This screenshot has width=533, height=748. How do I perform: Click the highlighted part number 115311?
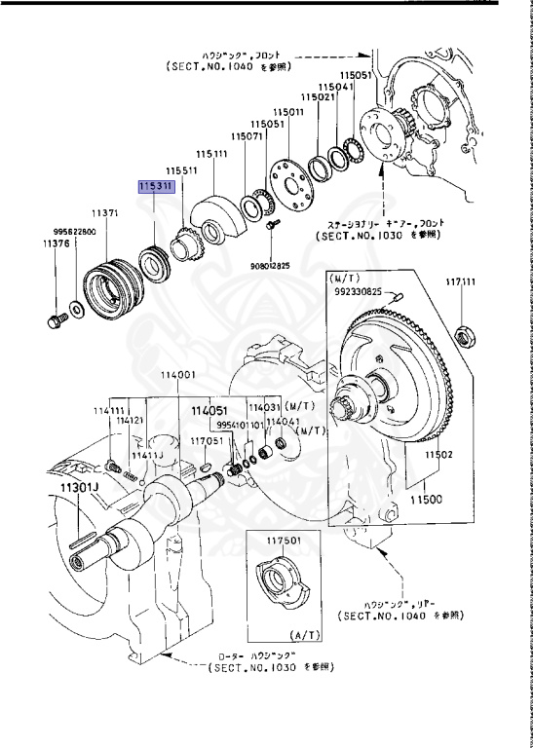point(156,185)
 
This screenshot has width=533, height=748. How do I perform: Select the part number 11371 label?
point(105,211)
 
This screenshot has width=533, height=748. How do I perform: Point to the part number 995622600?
point(73,232)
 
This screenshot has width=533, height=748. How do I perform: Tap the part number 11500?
point(425,500)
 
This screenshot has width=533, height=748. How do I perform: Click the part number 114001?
point(178,375)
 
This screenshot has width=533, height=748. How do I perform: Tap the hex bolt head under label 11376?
point(52,318)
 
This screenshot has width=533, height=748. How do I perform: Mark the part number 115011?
point(289,112)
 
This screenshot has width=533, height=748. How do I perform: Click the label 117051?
point(208,441)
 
